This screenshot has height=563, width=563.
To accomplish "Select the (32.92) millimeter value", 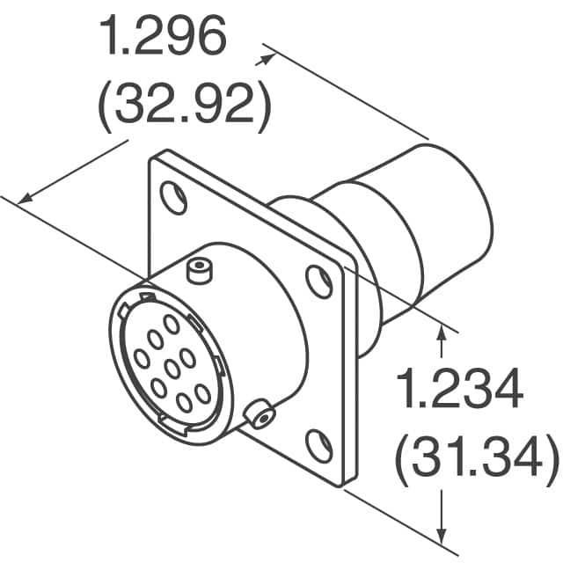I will (180, 105).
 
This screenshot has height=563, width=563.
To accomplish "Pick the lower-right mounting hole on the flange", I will (318, 445).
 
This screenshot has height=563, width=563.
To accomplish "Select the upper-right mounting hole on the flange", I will (318, 281).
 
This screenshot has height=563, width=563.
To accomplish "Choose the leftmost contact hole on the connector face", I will (141, 358).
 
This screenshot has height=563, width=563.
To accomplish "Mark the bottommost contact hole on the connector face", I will (185, 402).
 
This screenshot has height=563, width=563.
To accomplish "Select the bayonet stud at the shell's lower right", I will (260, 414).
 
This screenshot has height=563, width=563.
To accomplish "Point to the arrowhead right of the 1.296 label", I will (263, 59).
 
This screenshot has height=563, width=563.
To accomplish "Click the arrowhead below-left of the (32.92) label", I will (26, 197).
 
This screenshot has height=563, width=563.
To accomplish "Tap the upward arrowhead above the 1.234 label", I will (440, 329).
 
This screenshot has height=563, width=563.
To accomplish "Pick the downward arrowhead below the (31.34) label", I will (440, 534).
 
